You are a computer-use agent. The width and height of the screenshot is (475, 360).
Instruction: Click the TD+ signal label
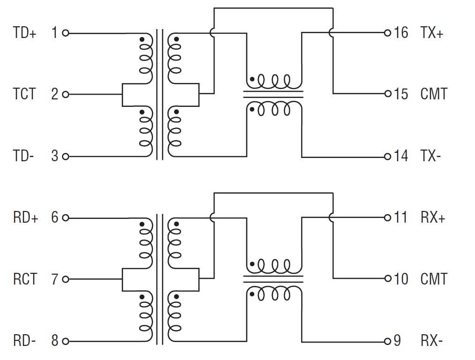coord(24,33)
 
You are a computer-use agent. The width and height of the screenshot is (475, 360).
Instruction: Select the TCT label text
coord(24,94)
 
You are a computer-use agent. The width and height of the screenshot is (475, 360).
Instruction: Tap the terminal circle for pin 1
coord(66,33)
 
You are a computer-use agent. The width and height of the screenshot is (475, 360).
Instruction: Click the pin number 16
coord(401,33)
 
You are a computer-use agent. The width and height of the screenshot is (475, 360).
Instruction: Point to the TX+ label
coord(431,33)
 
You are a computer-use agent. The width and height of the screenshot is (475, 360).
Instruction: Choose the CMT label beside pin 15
coord(434,94)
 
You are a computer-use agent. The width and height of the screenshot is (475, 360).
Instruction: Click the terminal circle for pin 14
coord(387,156)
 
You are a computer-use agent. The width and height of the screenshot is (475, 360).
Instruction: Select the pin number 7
coord(55,279)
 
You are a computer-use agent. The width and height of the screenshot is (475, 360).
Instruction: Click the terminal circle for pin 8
coord(66,341)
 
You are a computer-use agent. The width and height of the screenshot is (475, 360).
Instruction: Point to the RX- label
coord(431,341)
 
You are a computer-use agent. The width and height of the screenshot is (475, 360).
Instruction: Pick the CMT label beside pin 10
coord(434,279)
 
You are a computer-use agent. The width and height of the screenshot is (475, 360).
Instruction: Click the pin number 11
coord(401,218)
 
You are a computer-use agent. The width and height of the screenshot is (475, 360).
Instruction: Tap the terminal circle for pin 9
coord(387,341)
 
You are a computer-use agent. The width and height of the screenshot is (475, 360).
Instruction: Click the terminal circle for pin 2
coord(66,94)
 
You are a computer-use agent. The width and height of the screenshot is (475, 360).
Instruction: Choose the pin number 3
coord(55,156)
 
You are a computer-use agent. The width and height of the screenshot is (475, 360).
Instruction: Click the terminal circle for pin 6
coord(66,218)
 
